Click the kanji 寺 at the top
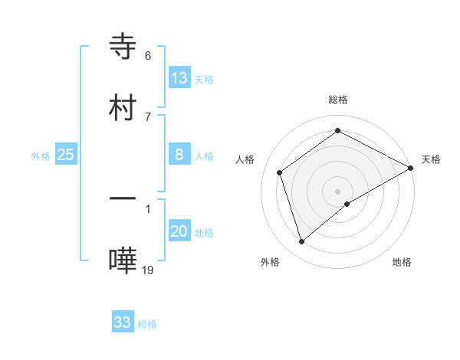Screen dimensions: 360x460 (123, 46)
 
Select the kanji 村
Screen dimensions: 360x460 (123, 107)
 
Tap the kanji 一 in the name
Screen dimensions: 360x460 (123, 199)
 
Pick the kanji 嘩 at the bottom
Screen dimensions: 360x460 (123, 260)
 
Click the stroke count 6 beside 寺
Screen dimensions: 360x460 (148, 55)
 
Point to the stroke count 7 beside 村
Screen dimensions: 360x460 (148, 116)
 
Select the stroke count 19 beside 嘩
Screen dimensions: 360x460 (148, 270)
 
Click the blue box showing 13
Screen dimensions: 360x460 (179, 78)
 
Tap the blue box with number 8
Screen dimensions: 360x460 (179, 155)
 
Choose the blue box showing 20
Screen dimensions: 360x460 (179, 231)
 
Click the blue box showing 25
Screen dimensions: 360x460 (66, 155)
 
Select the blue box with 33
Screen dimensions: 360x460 (123, 322)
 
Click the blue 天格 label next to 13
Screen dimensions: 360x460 (203, 80)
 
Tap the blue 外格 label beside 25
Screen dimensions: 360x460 (41, 156)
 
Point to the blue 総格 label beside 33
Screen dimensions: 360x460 (147, 324)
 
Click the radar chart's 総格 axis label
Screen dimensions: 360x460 (338, 100)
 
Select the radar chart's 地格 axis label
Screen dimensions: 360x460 (402, 262)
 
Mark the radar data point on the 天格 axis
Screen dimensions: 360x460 (411, 168)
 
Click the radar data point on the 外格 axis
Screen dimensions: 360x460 (302, 242)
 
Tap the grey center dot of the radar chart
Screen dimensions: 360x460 (338, 191)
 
